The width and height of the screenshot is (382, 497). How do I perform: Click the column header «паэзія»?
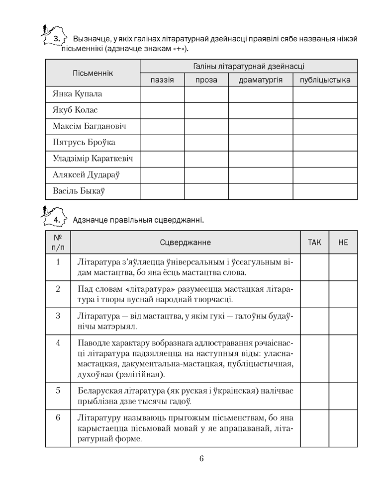point(162,80)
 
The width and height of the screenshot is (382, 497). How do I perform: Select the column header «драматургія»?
point(260,80)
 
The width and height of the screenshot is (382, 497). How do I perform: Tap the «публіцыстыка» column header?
point(325,80)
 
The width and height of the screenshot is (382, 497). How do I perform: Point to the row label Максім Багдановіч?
point(89,126)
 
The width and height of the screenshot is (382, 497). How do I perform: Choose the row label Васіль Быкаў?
point(79,190)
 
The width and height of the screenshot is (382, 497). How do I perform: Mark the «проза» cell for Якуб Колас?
point(206,110)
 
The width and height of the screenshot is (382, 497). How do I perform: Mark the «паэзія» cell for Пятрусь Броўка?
point(162,143)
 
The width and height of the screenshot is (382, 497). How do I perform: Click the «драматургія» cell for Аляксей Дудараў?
point(260,174)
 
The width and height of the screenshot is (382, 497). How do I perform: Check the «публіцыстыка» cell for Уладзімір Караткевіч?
point(325,159)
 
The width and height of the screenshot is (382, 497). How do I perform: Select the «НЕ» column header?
point(343,243)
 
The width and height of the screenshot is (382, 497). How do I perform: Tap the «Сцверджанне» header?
point(185,243)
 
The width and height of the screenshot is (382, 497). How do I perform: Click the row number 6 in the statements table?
point(58,417)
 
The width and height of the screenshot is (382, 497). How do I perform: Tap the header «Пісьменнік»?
point(93,73)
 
